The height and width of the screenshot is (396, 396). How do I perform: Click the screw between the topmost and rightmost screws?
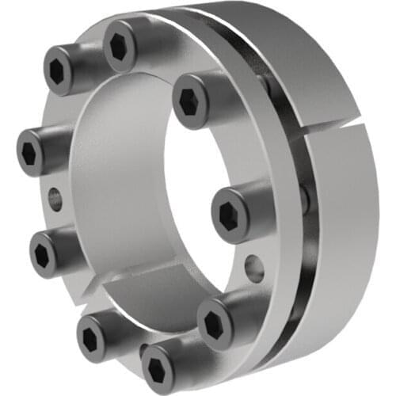pyautogui.click(x=191, y=102)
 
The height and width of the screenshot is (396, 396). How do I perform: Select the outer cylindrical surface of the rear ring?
pyautogui.click(x=348, y=238)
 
